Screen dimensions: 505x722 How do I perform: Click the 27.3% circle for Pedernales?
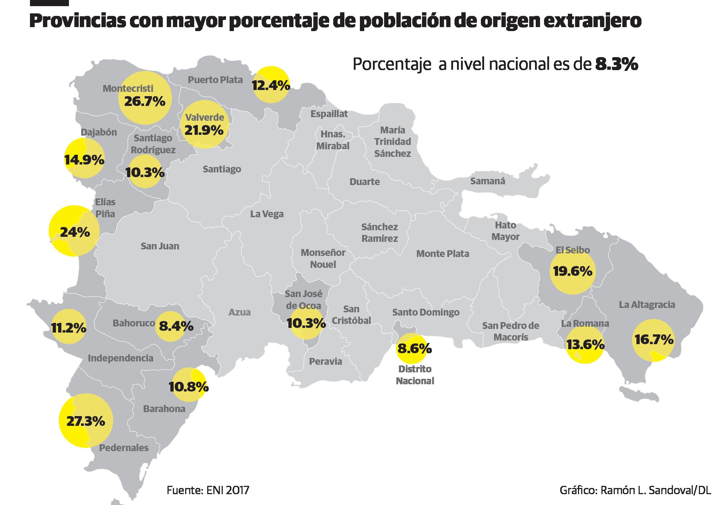pyautogui.click(x=86, y=421)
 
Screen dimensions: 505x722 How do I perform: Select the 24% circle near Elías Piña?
pyautogui.click(x=74, y=231)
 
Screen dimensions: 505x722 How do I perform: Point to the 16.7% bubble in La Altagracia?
pyautogui.click(x=653, y=340)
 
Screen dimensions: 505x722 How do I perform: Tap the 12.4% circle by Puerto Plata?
pyautogui.click(x=271, y=85)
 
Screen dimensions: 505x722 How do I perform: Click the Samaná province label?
pyautogui.click(x=487, y=181)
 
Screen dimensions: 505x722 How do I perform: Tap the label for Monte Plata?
pyautogui.click(x=443, y=254)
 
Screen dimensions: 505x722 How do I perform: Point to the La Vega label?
pyautogui.click(x=267, y=214)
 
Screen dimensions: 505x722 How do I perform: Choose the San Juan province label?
pyautogui.click(x=160, y=246)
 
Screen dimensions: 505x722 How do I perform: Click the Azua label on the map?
pyautogui.click(x=239, y=312)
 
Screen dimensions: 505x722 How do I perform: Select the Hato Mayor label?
pyautogui.click(x=505, y=231)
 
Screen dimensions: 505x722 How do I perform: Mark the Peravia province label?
pyautogui.click(x=325, y=361)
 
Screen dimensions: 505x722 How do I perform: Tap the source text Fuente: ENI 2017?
pyautogui.click(x=208, y=491)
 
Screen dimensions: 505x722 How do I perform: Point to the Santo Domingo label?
pyautogui.click(x=426, y=312)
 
